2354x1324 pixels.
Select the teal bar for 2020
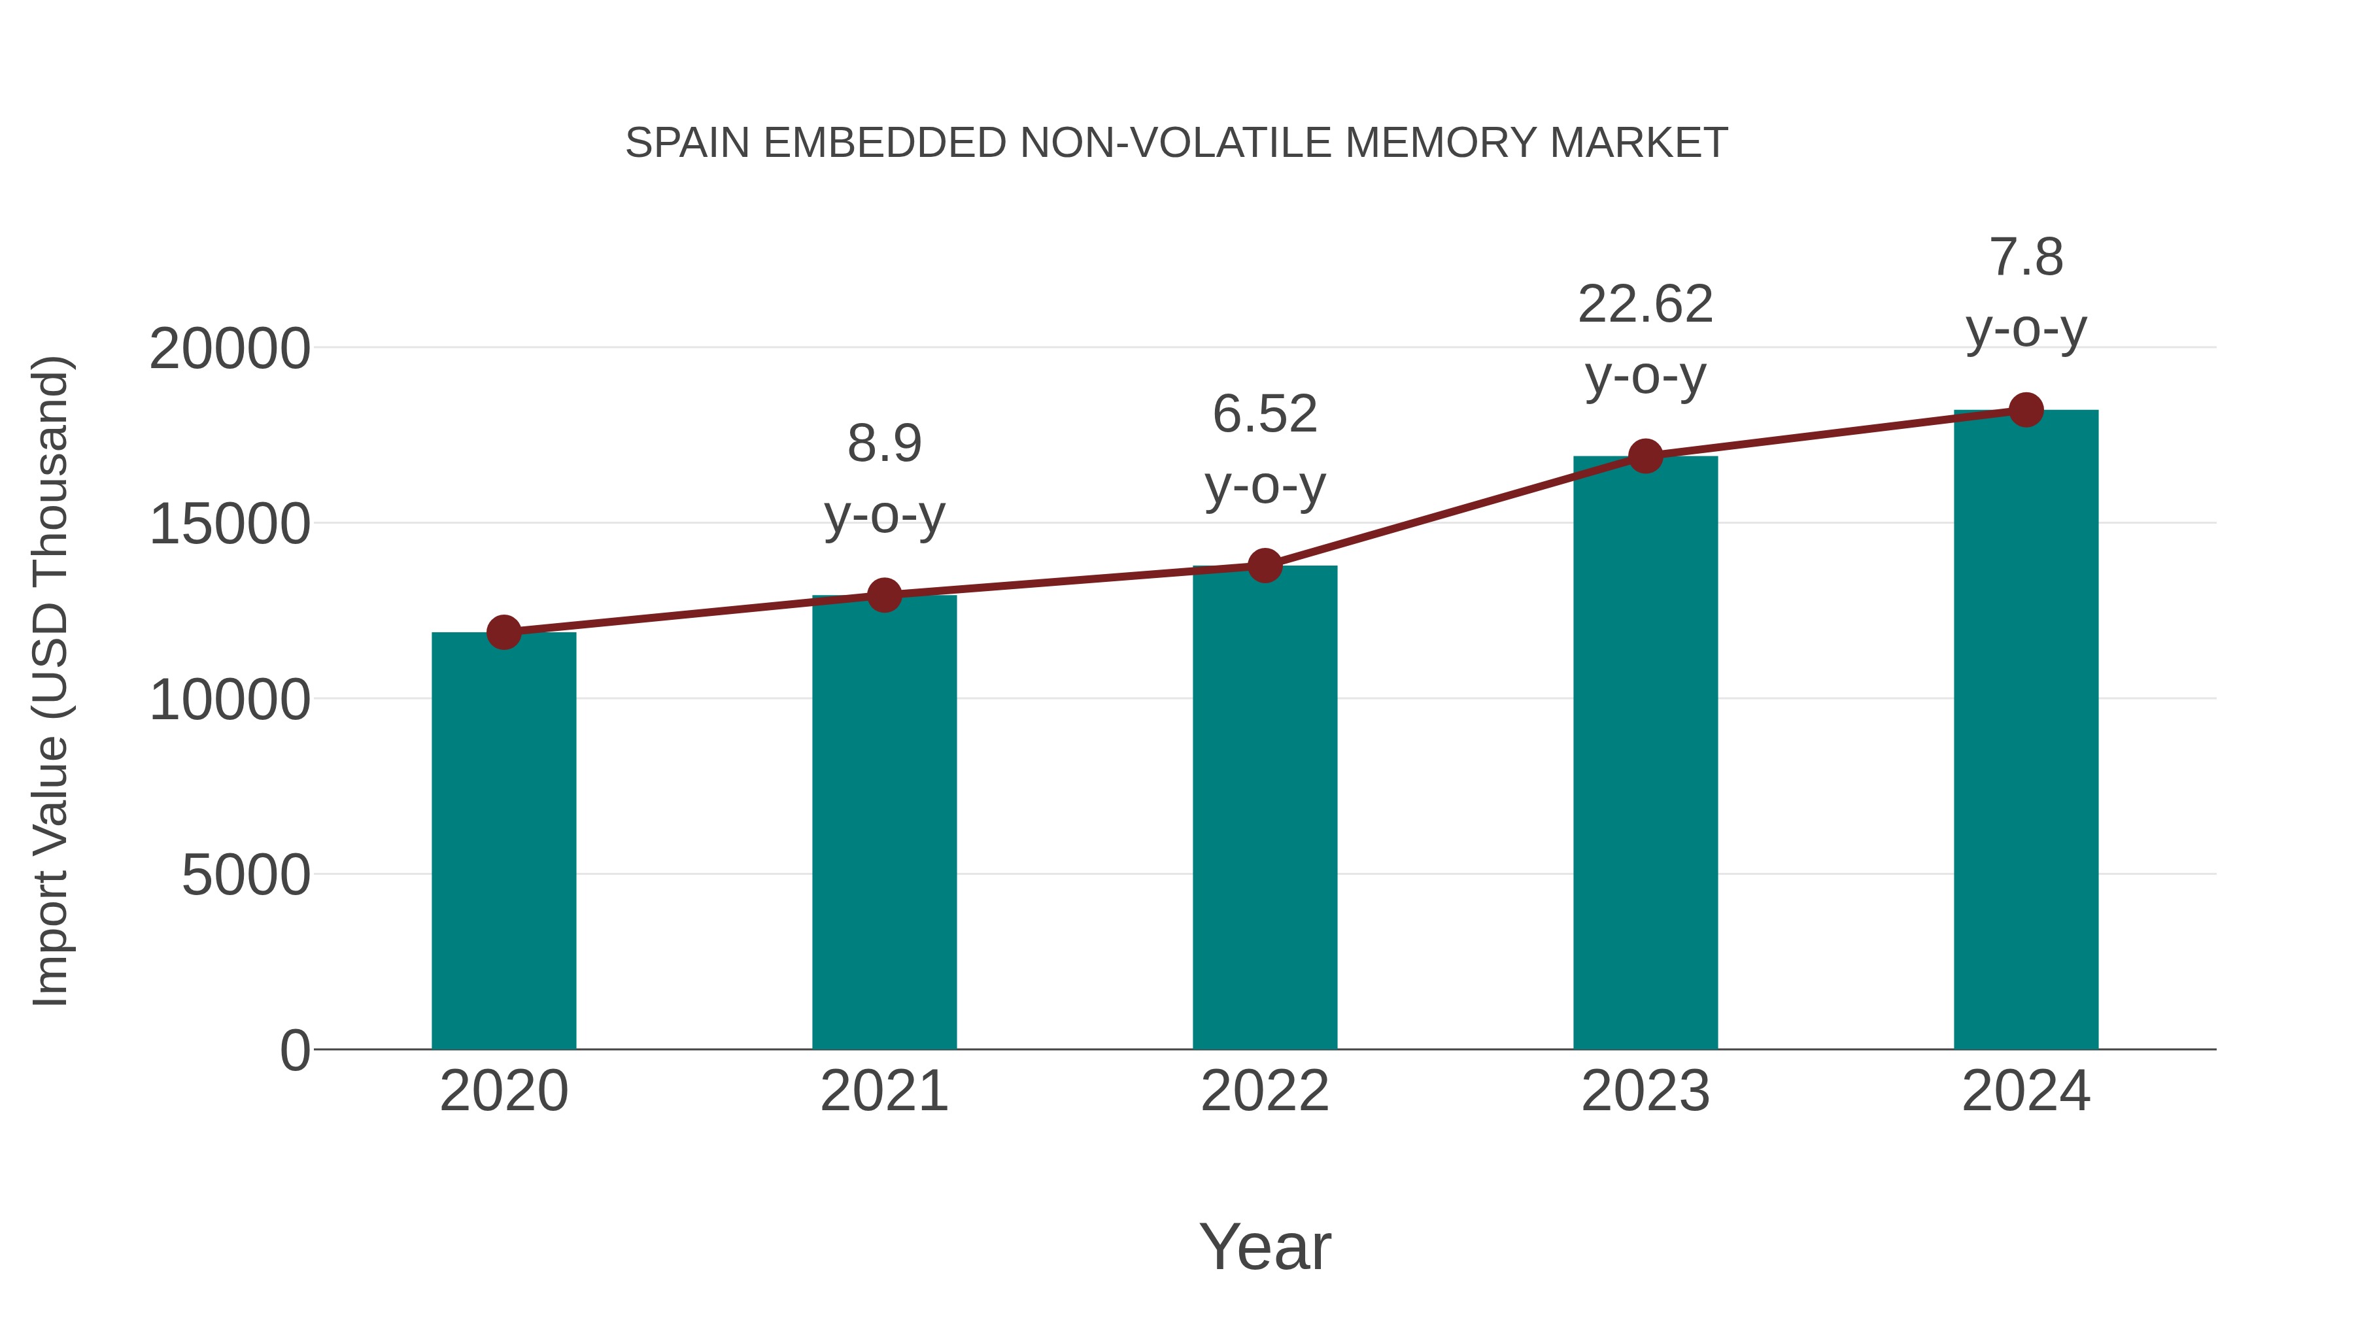503,841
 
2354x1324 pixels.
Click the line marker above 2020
503,632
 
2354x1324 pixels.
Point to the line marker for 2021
883,596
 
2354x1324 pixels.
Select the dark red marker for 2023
1645,456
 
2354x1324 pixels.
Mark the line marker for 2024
2026,410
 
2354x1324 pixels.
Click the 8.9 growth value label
883,444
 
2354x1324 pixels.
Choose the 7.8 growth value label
2026,258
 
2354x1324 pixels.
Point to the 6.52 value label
1265,414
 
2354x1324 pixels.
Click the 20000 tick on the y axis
230,349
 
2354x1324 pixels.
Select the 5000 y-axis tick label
246,875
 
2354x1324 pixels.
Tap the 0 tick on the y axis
294,1051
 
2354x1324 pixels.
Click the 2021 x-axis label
883,1091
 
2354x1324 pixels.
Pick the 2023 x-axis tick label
1645,1091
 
